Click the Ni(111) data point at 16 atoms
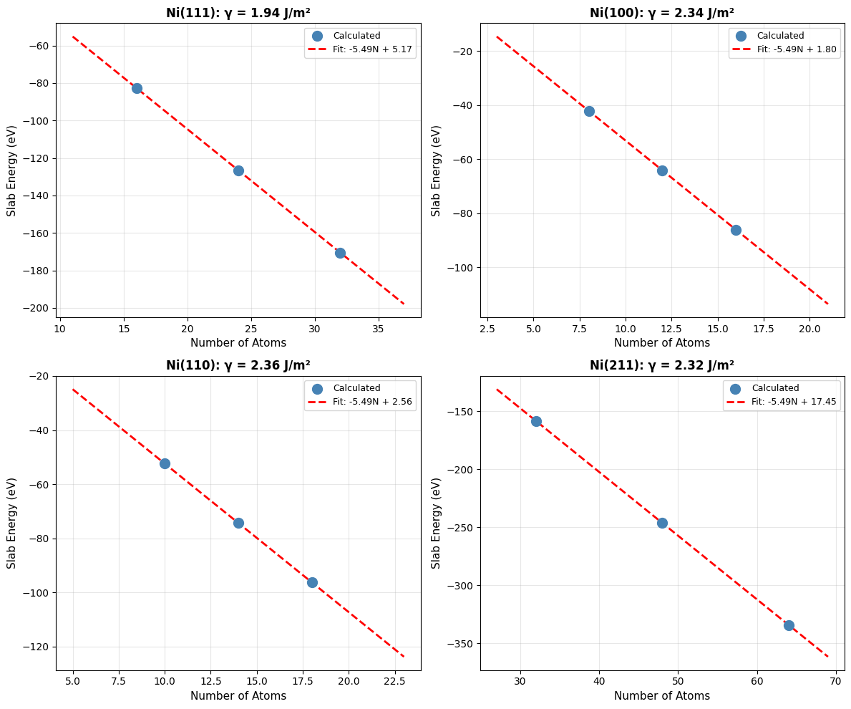[x=137, y=88]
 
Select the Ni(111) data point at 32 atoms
[x=340, y=253]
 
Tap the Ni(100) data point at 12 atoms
[x=662, y=170]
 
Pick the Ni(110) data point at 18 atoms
[x=312, y=582]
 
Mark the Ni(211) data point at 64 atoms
[x=789, y=625]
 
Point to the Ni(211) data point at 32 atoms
[x=536, y=421]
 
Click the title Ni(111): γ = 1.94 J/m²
[x=238, y=13]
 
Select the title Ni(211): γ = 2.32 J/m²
[x=662, y=365]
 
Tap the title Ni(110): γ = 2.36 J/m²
[x=238, y=365]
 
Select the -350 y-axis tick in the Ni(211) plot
[x=462, y=644]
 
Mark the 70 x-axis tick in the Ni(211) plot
[x=836, y=680]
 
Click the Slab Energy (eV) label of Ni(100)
[x=437, y=170]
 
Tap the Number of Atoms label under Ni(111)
[x=238, y=343]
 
